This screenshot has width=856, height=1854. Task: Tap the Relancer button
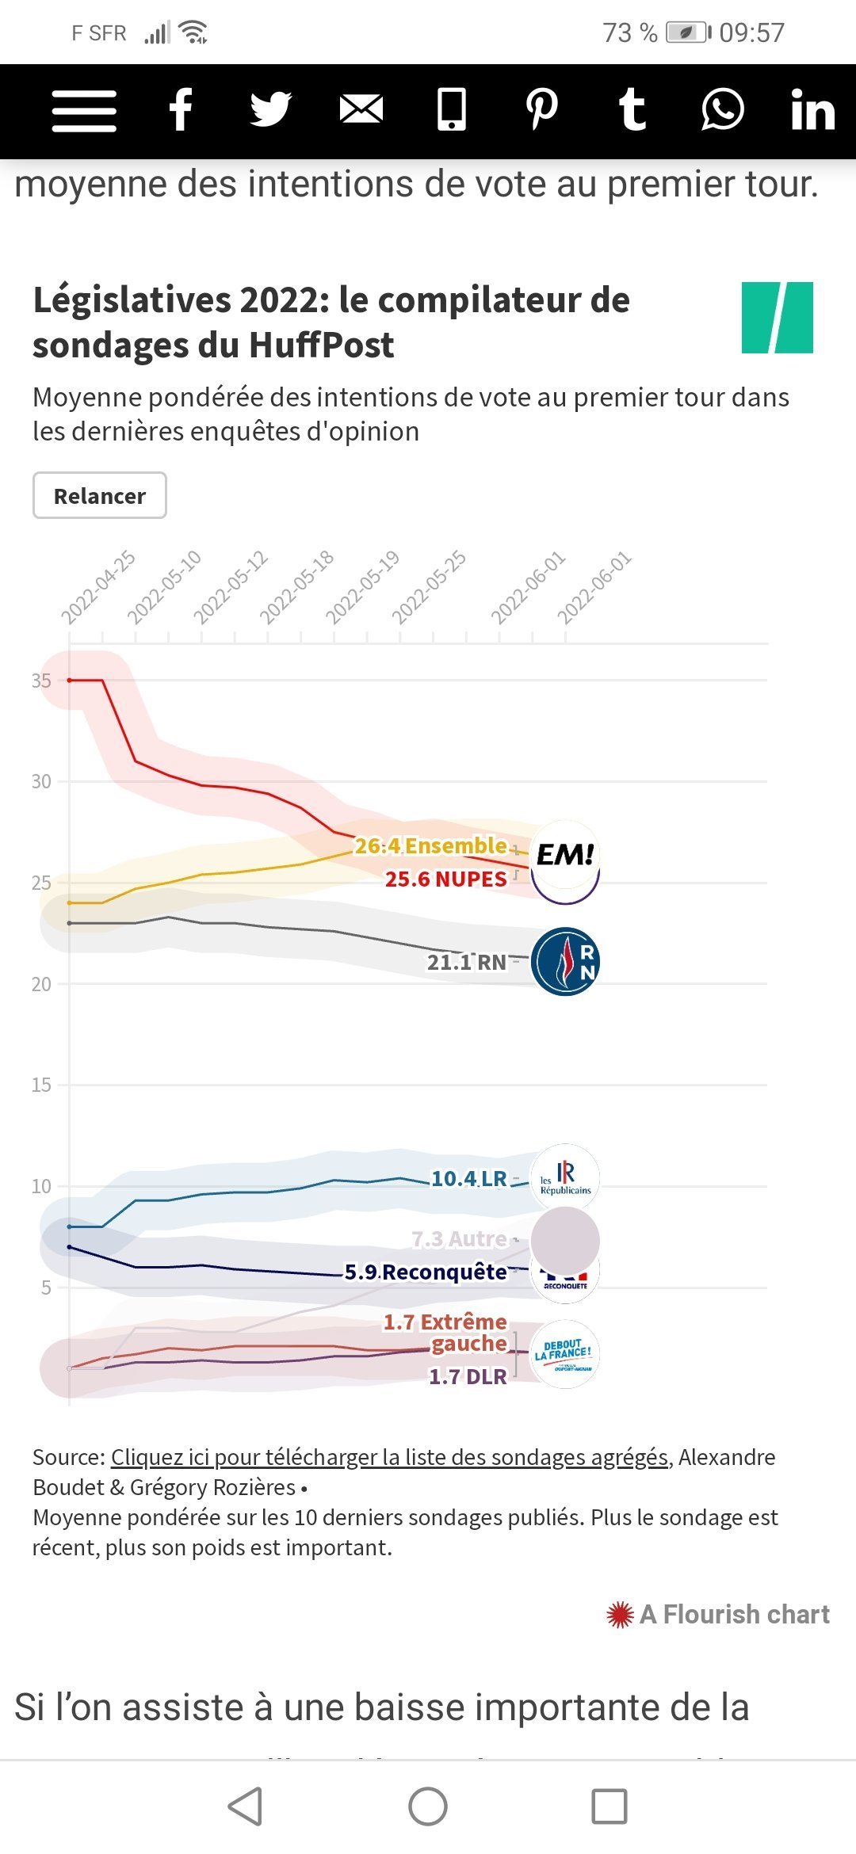[x=100, y=496]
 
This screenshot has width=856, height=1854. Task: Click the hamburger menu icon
[x=84, y=110]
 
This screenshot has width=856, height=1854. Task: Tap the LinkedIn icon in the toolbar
[x=812, y=110]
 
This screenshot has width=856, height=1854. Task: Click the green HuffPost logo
[x=777, y=318]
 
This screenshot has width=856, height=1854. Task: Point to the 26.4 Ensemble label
[x=430, y=846]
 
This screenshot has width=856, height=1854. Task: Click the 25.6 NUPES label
[x=445, y=879]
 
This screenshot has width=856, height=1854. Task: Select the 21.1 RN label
[x=466, y=963]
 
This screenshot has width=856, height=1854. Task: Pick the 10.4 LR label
[x=468, y=1179]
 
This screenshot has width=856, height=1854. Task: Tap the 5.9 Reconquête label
[x=426, y=1272]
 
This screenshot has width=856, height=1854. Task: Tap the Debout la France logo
[x=564, y=1354]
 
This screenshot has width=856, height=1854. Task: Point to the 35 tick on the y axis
[x=41, y=681]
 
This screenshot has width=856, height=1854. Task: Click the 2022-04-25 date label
[x=98, y=589]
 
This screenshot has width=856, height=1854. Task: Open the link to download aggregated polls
[x=389, y=1457]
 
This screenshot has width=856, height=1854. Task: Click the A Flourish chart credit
[x=718, y=1614]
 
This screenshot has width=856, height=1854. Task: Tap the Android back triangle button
[x=246, y=1806]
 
